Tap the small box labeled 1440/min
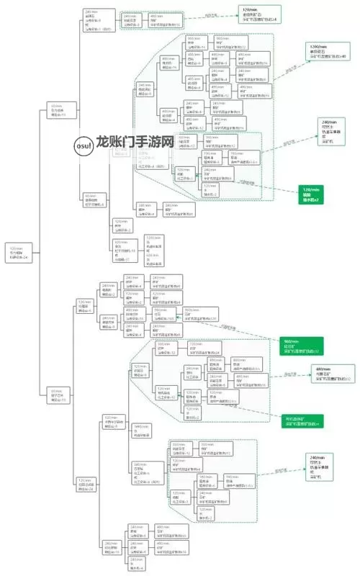(142, 429)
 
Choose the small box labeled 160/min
(206, 479)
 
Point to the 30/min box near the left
(57, 109)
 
